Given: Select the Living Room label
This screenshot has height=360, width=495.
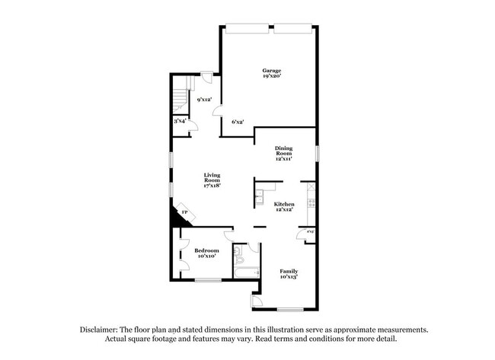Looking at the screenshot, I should click(x=211, y=180).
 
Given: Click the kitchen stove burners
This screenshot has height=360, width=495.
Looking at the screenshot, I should click(x=311, y=203).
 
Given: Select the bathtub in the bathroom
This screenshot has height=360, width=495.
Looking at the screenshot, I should click(x=245, y=272).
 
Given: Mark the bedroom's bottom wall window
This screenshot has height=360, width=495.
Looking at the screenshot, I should click(x=207, y=280).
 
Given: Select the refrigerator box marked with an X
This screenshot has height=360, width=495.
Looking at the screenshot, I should click(x=311, y=186).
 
